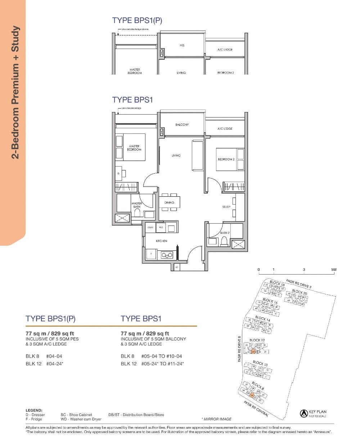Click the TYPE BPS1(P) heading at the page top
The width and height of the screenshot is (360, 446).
click(137, 21)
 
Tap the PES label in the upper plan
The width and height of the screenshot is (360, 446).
click(182, 46)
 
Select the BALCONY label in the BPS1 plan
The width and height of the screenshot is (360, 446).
click(182, 125)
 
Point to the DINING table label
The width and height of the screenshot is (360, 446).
click(169, 202)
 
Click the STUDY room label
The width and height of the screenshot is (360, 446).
click(226, 207)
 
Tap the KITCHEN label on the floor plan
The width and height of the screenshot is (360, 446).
click(161, 241)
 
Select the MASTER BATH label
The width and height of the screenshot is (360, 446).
click(137, 205)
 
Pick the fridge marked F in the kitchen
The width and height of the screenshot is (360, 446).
click(151, 254)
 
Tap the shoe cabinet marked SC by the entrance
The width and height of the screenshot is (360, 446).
click(176, 267)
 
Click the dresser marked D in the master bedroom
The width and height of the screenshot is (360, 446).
click(118, 174)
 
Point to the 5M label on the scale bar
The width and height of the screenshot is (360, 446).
click(334, 269)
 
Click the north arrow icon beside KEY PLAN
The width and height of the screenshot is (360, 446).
click(303, 413)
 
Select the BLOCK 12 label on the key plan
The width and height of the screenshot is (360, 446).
click(257, 340)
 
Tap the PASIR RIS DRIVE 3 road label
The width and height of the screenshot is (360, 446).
click(298, 284)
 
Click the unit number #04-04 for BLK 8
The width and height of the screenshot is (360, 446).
click(54, 356)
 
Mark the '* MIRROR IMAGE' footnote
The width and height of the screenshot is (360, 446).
click(216, 419)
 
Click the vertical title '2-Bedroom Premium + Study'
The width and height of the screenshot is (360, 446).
click(15, 92)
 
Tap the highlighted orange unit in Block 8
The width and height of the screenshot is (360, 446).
click(252, 396)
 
